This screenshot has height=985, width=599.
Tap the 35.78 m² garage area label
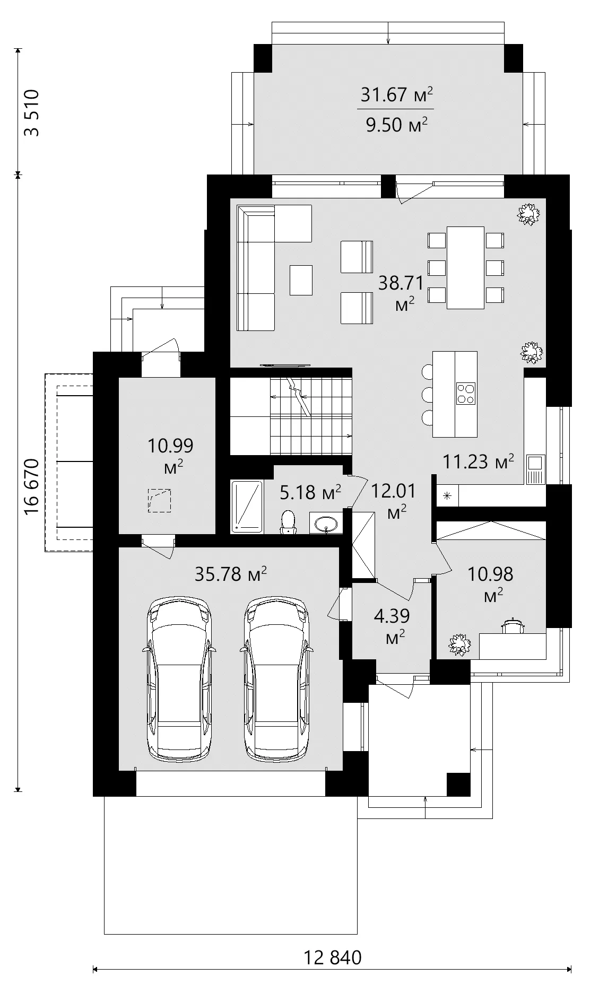point(230,574)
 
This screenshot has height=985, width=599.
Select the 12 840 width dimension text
point(333,957)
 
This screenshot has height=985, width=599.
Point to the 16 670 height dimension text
point(32,486)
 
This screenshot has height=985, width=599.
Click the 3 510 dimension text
point(32,113)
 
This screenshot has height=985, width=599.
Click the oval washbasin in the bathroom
point(325,524)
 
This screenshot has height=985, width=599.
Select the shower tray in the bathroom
point(247,507)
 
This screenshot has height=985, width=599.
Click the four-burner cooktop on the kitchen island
point(465,393)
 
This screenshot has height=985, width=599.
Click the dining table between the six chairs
point(465,267)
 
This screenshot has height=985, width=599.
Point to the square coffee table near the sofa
point(301,280)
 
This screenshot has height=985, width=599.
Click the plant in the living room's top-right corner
point(528,214)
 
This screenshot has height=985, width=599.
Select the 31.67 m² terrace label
point(396,95)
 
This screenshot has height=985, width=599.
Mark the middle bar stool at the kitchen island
point(427,395)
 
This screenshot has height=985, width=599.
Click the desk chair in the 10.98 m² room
point(513,626)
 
